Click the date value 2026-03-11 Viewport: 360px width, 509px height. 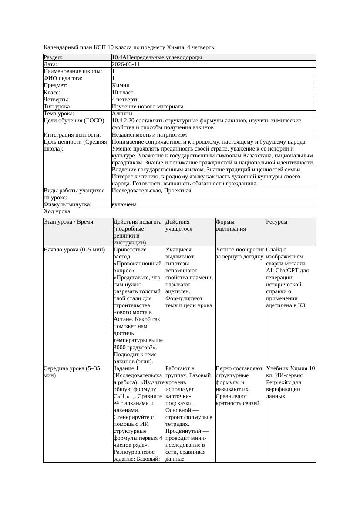point(126,64)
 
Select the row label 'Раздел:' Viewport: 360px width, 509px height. point(53,57)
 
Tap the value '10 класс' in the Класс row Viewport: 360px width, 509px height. point(122,93)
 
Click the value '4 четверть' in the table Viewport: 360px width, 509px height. point(125,100)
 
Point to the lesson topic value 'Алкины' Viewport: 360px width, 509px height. point(122,114)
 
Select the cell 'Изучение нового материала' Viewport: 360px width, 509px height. point(148,107)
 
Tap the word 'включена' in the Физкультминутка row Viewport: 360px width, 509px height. point(124,204)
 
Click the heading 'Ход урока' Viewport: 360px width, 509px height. point(57,211)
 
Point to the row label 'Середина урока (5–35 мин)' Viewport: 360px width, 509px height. point(72,372)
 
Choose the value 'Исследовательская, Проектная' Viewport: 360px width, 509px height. point(151,191)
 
